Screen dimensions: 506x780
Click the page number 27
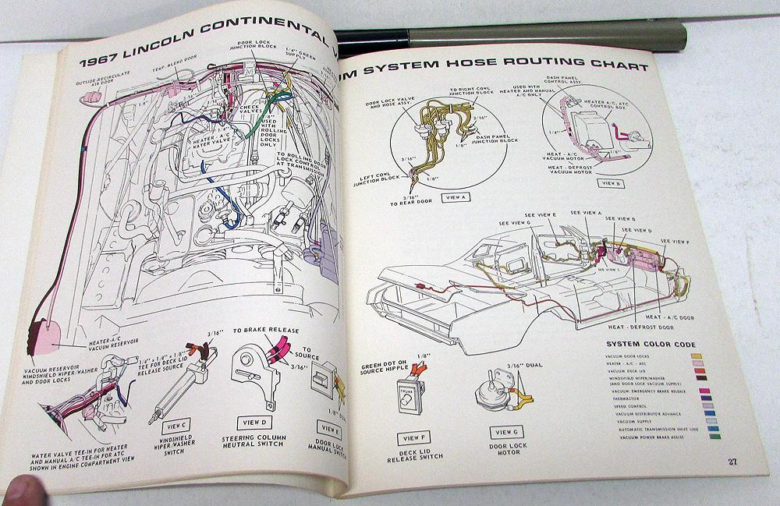(732, 462)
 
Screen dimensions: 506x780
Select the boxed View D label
(255, 422)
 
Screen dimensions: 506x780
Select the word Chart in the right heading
(617, 61)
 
